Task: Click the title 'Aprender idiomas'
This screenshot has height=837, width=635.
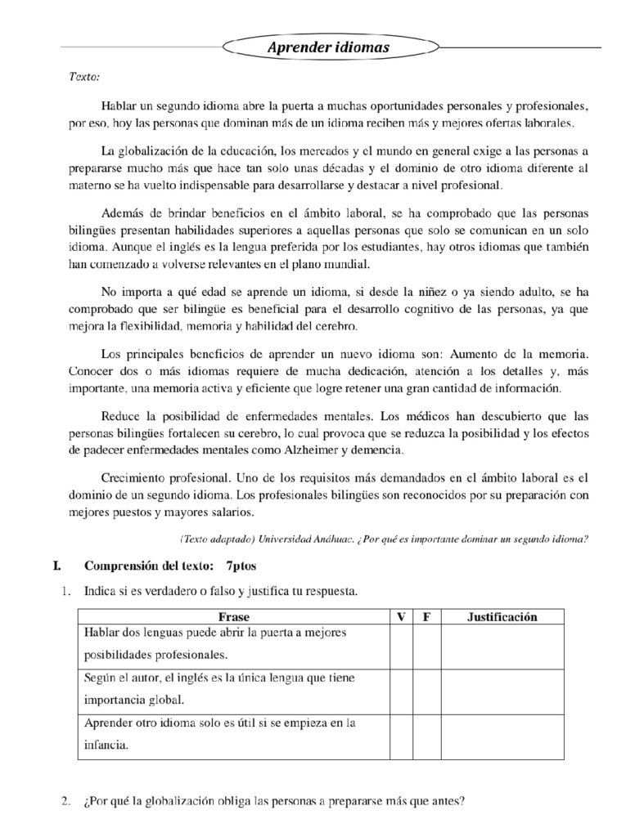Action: (328, 48)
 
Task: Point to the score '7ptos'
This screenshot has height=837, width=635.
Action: (241, 566)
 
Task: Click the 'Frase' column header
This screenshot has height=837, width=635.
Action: (234, 617)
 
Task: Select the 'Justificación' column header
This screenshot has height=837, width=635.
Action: (502, 617)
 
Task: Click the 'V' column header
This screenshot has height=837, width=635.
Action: (401, 617)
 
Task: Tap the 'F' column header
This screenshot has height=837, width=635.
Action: (426, 617)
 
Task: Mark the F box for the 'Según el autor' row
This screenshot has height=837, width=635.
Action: (426, 692)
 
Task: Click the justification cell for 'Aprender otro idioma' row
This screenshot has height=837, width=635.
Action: (502, 736)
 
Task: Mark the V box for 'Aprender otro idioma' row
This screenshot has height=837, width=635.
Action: (401, 736)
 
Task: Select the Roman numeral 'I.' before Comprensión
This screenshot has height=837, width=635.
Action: (56, 566)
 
